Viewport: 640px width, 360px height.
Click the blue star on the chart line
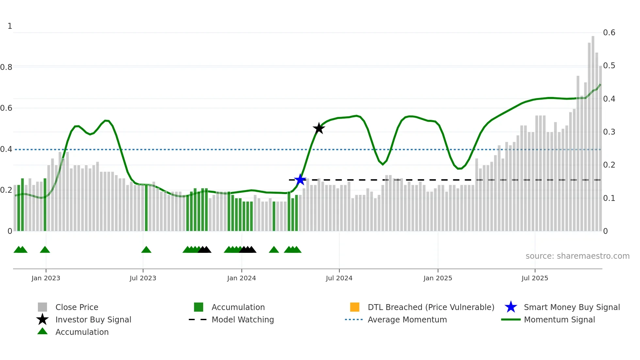pyautogui.click(x=300, y=180)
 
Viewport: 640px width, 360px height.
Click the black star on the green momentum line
pyautogui.click(x=319, y=128)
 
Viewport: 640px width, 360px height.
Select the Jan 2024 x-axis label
pyautogui.click(x=241, y=278)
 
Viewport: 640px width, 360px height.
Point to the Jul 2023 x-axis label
pyautogui.click(x=143, y=278)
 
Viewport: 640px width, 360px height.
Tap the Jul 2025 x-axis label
pyautogui.click(x=535, y=278)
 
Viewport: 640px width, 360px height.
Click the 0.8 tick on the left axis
pyautogui.click(x=6, y=67)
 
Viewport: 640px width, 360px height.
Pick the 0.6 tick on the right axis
pyautogui.click(x=609, y=33)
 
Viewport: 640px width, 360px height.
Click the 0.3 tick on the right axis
pyautogui.click(x=609, y=132)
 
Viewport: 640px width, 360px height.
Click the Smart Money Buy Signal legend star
pyautogui.click(x=511, y=307)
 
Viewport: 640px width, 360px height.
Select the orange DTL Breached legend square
pyautogui.click(x=355, y=307)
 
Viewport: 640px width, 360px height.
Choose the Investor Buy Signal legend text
pyautogui.click(x=93, y=319)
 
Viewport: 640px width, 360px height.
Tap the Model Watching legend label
pyautogui.click(x=243, y=319)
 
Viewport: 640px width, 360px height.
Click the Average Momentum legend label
pyautogui.click(x=407, y=319)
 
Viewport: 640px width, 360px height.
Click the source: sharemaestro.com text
pyautogui.click(x=577, y=256)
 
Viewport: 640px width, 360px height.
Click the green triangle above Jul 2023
pyautogui.click(x=146, y=250)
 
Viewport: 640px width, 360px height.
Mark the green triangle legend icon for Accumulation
pyautogui.click(x=42, y=331)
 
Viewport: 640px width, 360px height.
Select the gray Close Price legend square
pyautogui.click(x=42, y=307)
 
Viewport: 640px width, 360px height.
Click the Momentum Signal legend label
pyautogui.click(x=559, y=319)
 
